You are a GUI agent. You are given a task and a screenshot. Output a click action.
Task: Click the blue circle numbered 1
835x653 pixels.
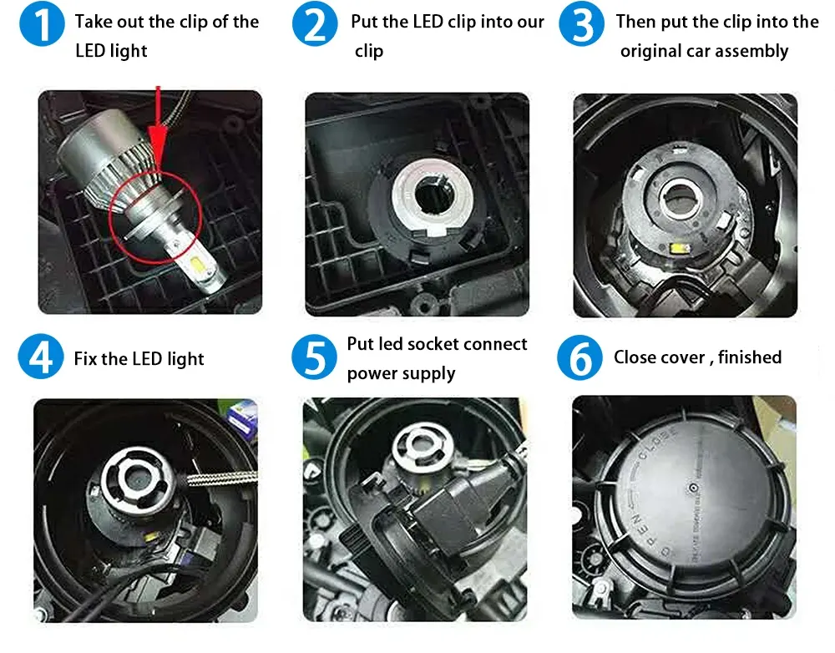pos(42,24)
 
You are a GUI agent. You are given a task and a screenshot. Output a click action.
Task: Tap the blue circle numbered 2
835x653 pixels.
pos(315,24)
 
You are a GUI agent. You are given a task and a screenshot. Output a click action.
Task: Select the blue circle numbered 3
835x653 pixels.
pos(581,24)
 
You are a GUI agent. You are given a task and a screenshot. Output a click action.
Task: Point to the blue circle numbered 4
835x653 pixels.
pos(41,357)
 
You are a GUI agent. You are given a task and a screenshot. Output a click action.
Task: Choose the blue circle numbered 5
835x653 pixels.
pos(314,357)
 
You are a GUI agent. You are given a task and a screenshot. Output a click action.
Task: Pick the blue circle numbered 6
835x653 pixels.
pos(580,357)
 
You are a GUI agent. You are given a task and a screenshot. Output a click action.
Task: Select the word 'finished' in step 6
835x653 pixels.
pos(750,357)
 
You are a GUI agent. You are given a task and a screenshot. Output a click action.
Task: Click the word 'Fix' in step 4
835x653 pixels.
pos(85,358)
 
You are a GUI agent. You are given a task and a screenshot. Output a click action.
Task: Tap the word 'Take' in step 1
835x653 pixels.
pos(94,22)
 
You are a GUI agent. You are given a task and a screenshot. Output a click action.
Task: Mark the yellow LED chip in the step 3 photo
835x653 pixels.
pos(676,248)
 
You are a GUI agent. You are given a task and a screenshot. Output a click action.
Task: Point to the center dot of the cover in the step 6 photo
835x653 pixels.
pos(693,488)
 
